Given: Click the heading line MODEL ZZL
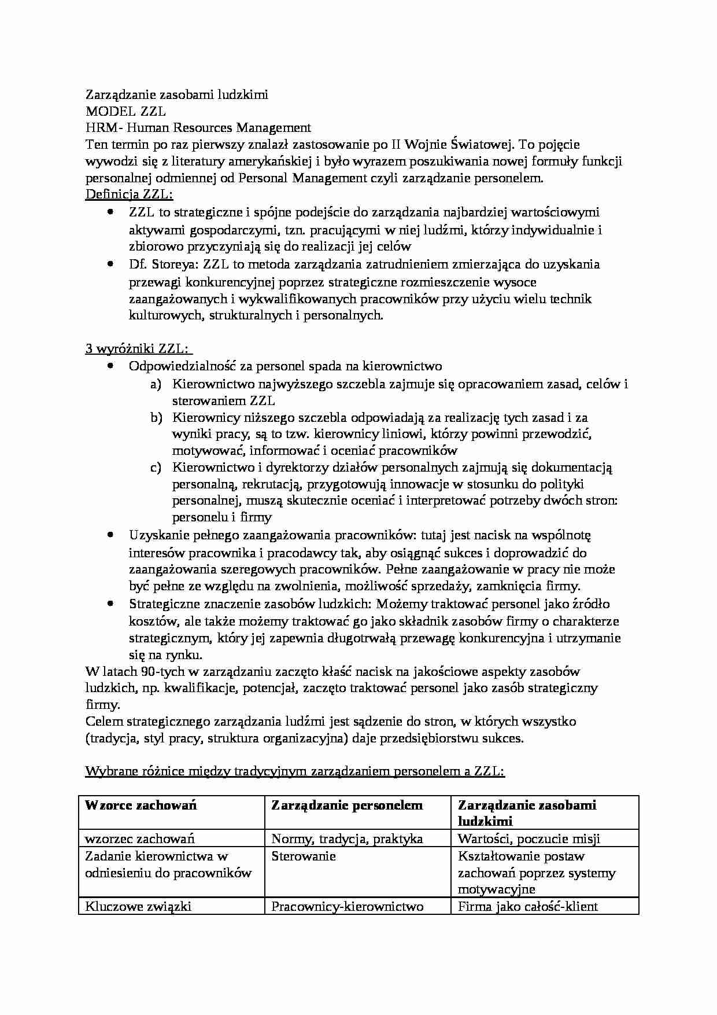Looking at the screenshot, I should [x=125, y=111].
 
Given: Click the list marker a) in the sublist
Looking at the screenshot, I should [x=155, y=384].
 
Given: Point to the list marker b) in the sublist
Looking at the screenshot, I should [x=155, y=417].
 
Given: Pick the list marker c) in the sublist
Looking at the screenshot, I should [x=155, y=468].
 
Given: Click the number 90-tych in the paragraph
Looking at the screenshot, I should [x=160, y=672].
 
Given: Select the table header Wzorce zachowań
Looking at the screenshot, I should [x=141, y=805].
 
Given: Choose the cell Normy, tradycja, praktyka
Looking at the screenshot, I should [x=347, y=839].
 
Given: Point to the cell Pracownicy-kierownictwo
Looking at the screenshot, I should [x=347, y=906].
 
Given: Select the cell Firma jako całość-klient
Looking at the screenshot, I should [x=527, y=906].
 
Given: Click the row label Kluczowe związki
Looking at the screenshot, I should [x=138, y=906].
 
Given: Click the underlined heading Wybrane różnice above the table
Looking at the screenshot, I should [x=295, y=771].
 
